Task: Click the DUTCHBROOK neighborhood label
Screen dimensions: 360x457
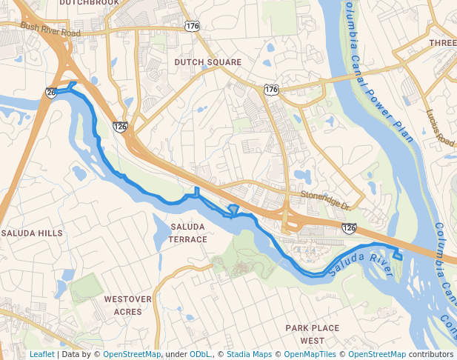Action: (x=88, y=3)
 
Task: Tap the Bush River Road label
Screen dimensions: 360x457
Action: (x=50, y=30)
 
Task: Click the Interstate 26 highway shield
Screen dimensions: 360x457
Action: (x=50, y=93)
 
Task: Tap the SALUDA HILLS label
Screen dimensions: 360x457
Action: (x=32, y=233)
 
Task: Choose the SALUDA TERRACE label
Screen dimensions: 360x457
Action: (x=188, y=233)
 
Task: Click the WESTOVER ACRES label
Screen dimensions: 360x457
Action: (x=127, y=305)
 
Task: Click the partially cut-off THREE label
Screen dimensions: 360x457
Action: (x=442, y=44)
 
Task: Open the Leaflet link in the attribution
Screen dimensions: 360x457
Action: (x=41, y=355)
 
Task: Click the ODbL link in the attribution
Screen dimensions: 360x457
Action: (x=200, y=355)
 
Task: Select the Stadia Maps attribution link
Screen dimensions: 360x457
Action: (x=247, y=355)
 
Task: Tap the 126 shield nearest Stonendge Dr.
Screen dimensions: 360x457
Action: (x=349, y=228)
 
